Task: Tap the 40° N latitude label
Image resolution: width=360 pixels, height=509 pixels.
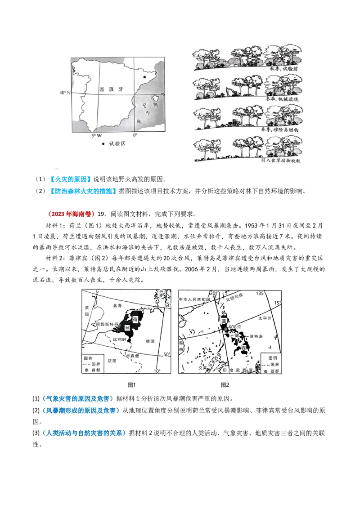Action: pos(65,93)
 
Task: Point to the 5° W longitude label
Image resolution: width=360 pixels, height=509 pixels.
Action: pos(97,135)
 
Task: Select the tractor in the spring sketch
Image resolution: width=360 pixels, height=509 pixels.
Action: pos(234,123)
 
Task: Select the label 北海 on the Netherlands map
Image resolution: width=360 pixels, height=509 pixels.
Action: pos(117,305)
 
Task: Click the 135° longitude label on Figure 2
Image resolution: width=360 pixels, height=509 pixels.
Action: pos(260,293)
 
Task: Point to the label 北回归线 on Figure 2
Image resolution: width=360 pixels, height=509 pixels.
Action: pos(234,297)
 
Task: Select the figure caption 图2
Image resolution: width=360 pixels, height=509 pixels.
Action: pos(225,385)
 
